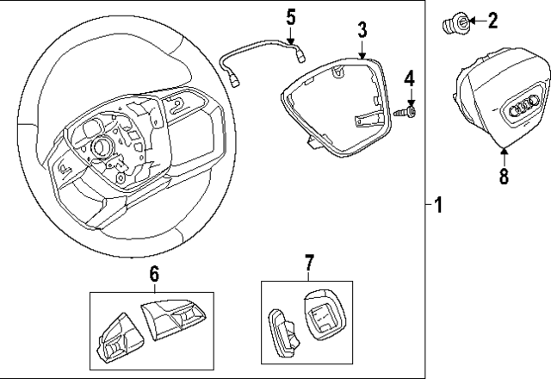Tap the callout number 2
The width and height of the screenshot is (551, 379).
pyautogui.click(x=492, y=20)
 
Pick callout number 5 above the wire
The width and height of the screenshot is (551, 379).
pyautogui.click(x=291, y=16)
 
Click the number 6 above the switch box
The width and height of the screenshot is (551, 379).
pyautogui.click(x=154, y=274)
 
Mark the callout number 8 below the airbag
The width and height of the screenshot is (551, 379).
pyautogui.click(x=504, y=176)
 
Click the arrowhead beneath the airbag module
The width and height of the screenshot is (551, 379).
pyautogui.click(x=504, y=153)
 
